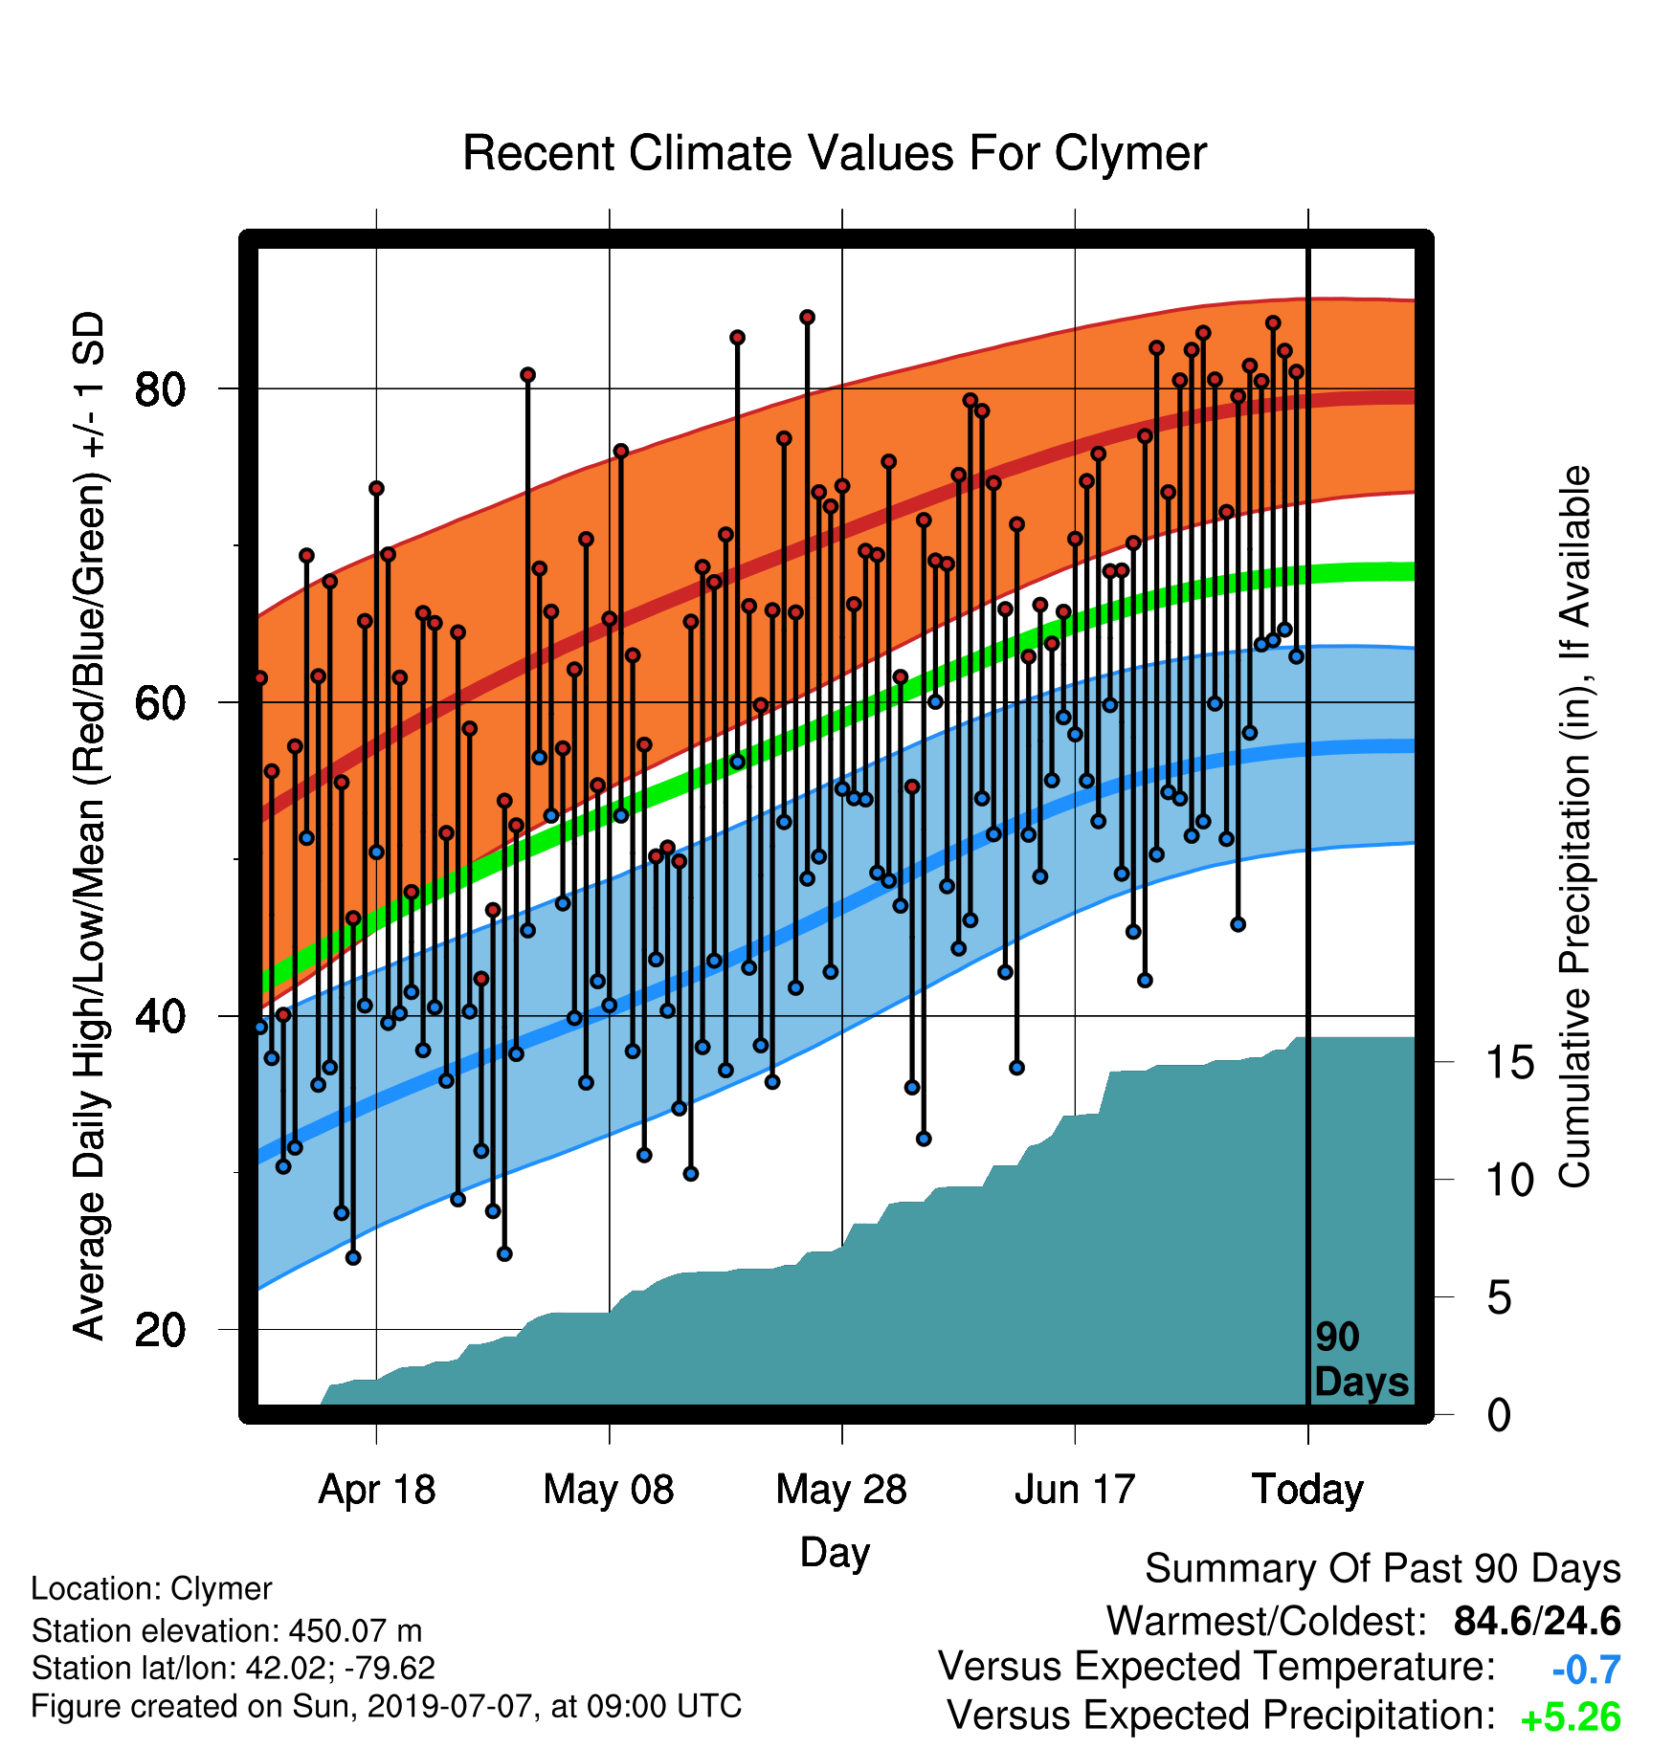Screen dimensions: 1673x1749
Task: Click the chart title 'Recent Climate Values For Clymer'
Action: tap(835, 153)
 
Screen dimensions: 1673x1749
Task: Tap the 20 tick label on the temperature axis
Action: tap(161, 1330)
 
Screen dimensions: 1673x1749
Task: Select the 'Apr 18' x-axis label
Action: tap(377, 1489)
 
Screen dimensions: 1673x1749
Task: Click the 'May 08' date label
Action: tap(609, 1489)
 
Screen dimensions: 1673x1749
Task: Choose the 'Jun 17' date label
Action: tap(1075, 1489)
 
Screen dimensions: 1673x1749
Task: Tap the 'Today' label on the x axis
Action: tap(1308, 1489)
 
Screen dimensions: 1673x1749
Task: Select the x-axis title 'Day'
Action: tap(835, 1552)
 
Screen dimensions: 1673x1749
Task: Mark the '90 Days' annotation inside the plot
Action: tap(1361, 1360)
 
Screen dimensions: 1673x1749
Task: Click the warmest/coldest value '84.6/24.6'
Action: tap(1537, 1621)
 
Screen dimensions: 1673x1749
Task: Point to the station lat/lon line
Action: tap(234, 1668)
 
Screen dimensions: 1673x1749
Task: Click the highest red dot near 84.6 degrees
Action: tap(807, 317)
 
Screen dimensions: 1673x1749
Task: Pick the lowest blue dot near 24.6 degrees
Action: tap(353, 1257)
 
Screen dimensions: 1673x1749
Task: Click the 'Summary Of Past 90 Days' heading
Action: tap(1383, 1569)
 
